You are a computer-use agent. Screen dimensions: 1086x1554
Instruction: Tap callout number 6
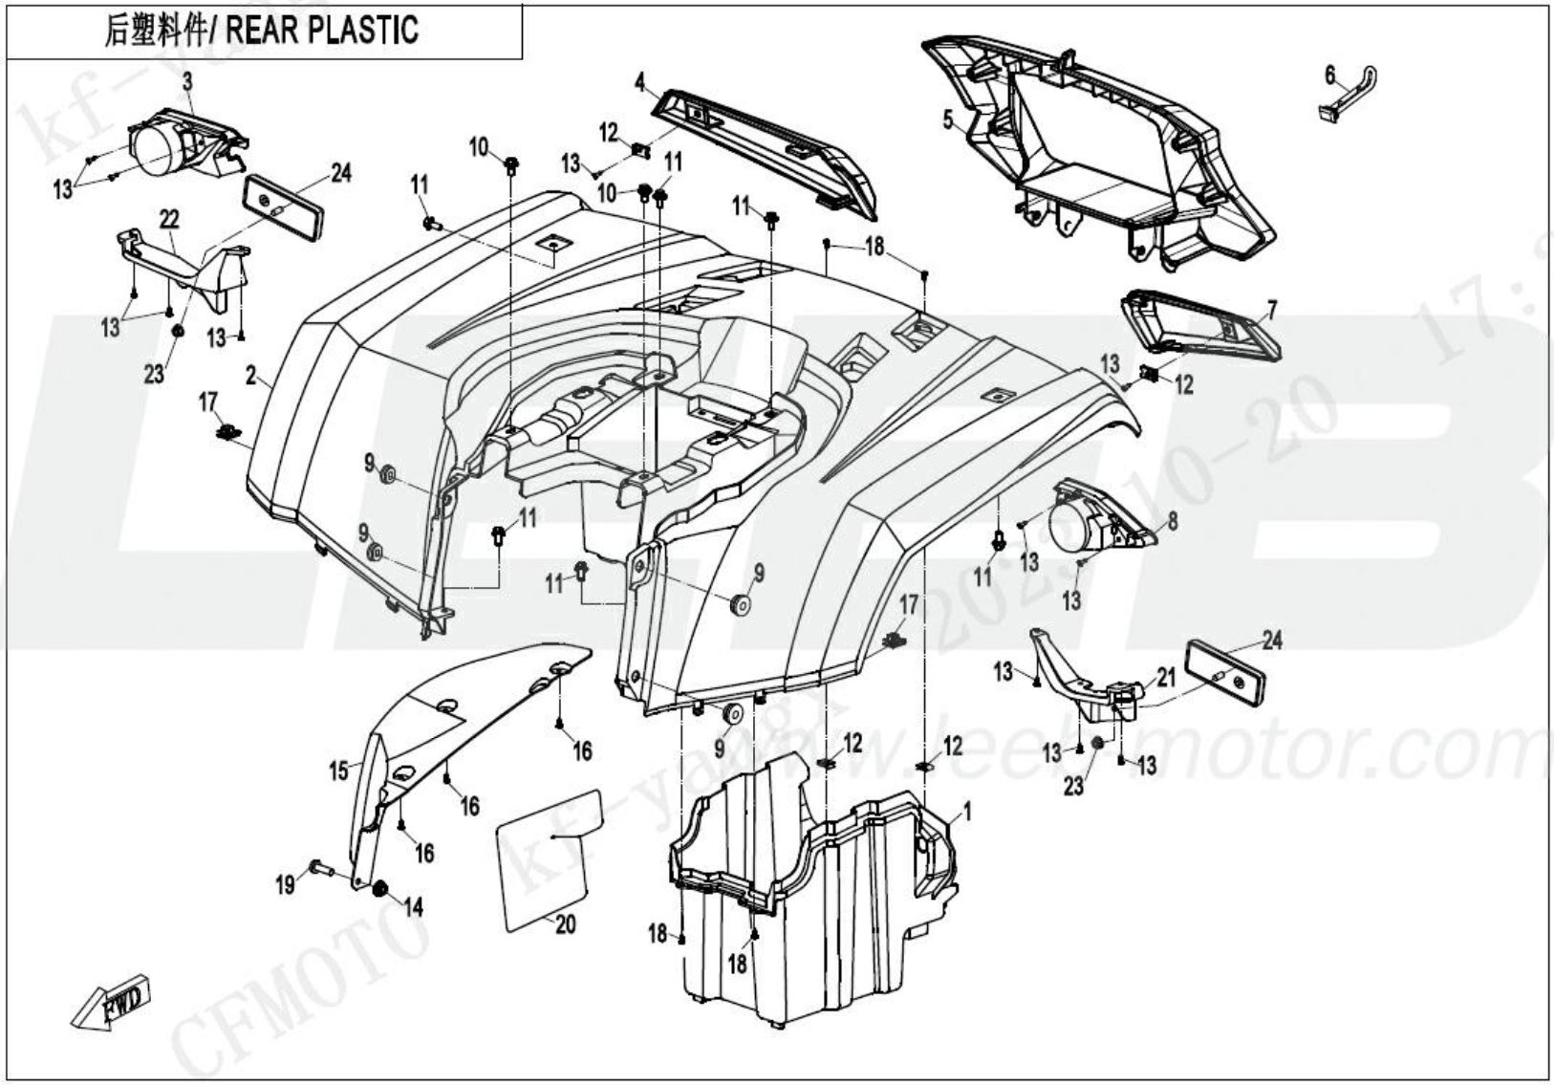1329,75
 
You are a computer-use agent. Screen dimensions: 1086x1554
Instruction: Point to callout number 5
947,120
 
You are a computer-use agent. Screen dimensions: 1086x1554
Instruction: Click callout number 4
639,82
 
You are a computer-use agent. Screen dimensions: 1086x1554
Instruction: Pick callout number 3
187,82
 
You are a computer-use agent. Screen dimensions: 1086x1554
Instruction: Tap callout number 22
169,220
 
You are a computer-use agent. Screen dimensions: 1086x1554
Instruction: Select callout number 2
251,377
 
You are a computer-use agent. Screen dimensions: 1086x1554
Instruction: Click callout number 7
1271,309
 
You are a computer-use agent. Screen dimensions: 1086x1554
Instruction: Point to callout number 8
1173,521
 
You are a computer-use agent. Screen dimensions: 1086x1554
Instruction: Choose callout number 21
1166,678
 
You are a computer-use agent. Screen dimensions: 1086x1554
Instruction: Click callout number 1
967,813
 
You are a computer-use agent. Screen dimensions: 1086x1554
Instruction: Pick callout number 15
339,770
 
